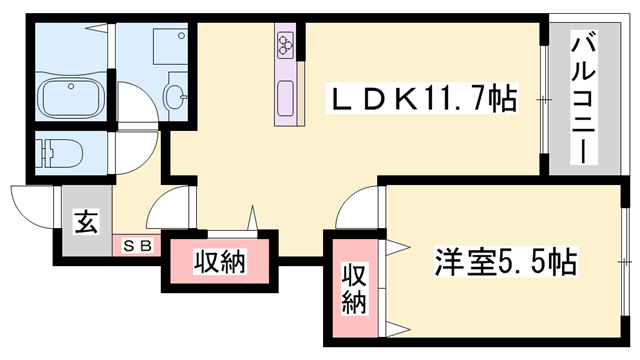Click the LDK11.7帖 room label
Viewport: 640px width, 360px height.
425,99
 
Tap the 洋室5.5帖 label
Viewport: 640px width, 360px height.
504,263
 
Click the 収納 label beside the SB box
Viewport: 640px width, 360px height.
219,263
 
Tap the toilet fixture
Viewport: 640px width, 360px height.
60,153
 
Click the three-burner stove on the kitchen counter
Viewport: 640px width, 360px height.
287,44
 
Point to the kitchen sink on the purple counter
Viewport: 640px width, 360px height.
287,101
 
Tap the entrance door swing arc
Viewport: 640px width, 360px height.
29,205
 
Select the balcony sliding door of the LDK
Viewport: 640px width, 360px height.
544,99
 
